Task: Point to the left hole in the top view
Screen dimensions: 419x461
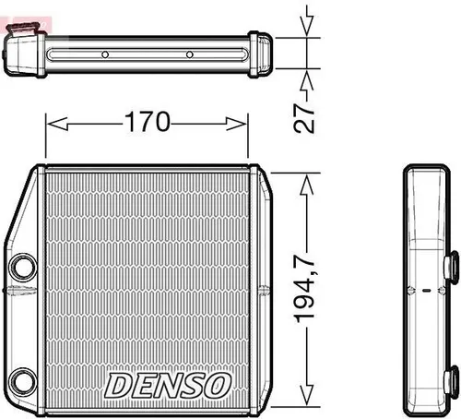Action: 105,54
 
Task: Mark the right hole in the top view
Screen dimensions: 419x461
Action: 189,54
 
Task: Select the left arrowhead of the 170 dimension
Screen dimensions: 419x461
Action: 52,123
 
